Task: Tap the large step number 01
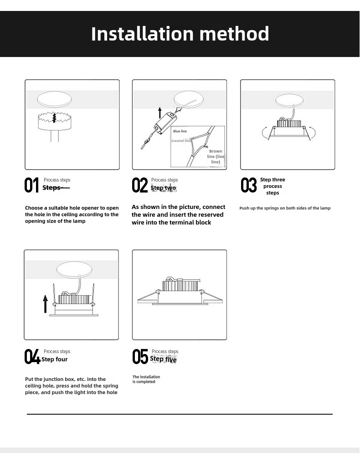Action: [32, 185]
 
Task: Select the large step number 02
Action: [140, 185]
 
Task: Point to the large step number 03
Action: [249, 185]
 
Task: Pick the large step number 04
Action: [32, 357]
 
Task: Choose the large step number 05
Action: [140, 357]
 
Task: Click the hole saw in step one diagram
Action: [54, 120]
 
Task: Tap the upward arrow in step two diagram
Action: [160, 112]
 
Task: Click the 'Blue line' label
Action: [180, 131]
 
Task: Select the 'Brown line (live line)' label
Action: [216, 156]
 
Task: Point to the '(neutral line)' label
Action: [181, 141]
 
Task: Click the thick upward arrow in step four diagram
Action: [46, 303]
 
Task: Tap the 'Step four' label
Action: [55, 359]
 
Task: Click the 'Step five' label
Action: [164, 359]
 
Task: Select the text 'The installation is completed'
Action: [146, 379]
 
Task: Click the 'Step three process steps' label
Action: [273, 186]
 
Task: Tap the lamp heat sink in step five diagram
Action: [180, 286]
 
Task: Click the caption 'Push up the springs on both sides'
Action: [285, 208]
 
